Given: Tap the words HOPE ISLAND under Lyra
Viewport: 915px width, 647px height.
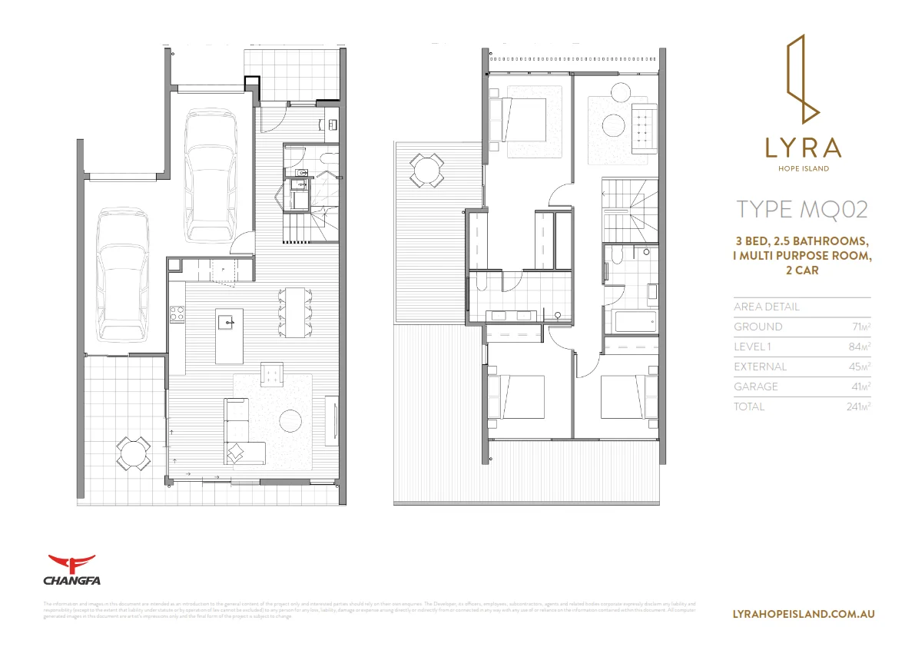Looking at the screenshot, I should (x=803, y=169).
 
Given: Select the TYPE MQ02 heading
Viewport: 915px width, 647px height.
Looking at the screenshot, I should (x=802, y=209).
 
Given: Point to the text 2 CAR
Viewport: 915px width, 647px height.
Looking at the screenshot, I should (x=803, y=270).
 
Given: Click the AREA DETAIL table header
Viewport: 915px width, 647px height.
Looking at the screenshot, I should (x=767, y=307).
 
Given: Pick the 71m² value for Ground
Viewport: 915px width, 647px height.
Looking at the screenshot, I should (x=860, y=327).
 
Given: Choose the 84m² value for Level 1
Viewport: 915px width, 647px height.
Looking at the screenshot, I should (x=860, y=347).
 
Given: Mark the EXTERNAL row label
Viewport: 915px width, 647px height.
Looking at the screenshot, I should (x=760, y=367).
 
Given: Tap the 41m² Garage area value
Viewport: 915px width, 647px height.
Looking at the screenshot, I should (x=860, y=387).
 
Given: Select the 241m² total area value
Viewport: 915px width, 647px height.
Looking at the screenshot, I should (x=857, y=406).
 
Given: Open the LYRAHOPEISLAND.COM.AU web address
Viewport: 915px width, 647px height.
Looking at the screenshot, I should (x=804, y=614).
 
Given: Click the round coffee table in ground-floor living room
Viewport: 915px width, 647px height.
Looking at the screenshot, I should (x=290, y=420).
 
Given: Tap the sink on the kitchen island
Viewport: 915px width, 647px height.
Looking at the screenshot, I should (x=228, y=321).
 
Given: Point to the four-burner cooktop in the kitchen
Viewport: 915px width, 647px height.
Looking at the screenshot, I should (x=176, y=313).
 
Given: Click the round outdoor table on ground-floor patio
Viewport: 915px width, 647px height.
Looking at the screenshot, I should (x=133, y=453).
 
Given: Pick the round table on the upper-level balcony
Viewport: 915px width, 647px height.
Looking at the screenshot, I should (x=426, y=170).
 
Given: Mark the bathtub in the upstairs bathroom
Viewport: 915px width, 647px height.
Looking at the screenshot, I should (x=635, y=320).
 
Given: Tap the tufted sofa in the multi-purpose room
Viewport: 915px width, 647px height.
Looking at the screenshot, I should (x=644, y=126).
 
